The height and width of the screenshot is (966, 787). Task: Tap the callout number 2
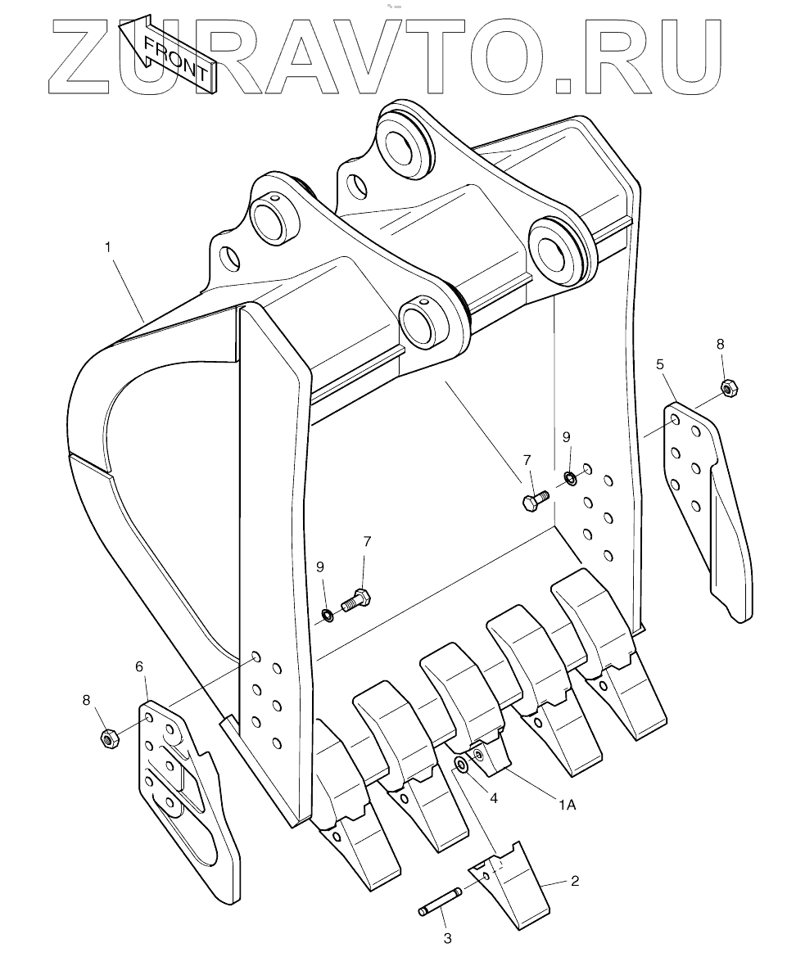575,881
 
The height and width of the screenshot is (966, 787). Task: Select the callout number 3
448,939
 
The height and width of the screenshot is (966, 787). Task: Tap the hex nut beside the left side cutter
106,738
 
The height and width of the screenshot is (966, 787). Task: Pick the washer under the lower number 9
327,614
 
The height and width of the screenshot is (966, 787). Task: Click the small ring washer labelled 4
461,765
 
